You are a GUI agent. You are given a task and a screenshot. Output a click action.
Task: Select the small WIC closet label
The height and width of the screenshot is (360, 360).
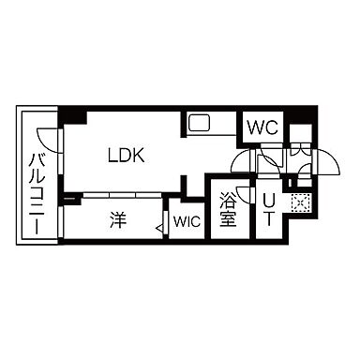(186, 223)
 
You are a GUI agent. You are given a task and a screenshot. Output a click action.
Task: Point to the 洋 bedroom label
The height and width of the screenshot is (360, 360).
(116, 221)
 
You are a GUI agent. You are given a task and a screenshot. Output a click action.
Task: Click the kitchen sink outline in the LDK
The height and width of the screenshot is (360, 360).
(201, 124)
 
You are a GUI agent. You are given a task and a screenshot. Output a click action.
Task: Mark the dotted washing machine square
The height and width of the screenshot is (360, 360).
(300, 201)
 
